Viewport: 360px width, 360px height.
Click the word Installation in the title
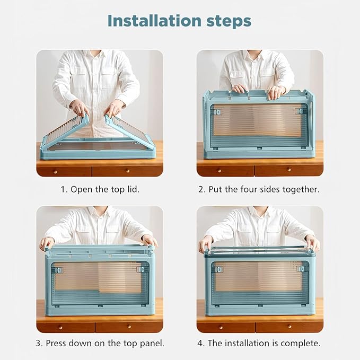pyautogui.click(x=154, y=21)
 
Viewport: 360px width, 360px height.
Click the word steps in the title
pyautogui.click(x=229, y=22)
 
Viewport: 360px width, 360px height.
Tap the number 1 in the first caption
pyautogui.click(x=63, y=190)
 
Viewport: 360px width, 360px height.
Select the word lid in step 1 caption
pyautogui.click(x=133, y=189)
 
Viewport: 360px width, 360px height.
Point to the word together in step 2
pyautogui.click(x=301, y=190)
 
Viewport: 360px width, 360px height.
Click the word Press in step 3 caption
pyautogui.click(x=56, y=343)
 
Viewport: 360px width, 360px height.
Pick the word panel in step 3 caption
pyautogui.click(x=152, y=344)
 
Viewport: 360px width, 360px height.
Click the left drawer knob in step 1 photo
pyautogui.click(x=55, y=171)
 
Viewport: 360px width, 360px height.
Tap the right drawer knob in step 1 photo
pyautogui.click(x=128, y=171)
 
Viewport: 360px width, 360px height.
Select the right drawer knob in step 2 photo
pyautogui.click(x=289, y=170)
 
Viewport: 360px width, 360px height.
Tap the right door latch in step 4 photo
pyautogui.click(x=300, y=269)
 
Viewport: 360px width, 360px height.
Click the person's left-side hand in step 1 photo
pyautogui.click(x=79, y=108)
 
